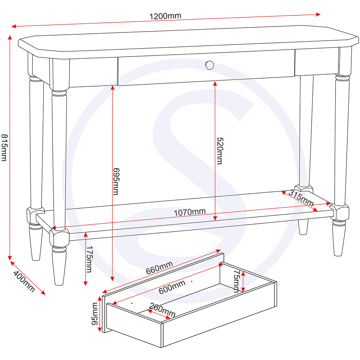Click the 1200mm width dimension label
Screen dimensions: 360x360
[165, 16]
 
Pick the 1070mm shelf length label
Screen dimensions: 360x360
[189, 212]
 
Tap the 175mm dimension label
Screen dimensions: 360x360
[89, 260]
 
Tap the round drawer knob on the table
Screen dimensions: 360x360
[209, 65]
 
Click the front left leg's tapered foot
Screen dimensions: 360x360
[59, 268]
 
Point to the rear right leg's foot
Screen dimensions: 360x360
[303, 227]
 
